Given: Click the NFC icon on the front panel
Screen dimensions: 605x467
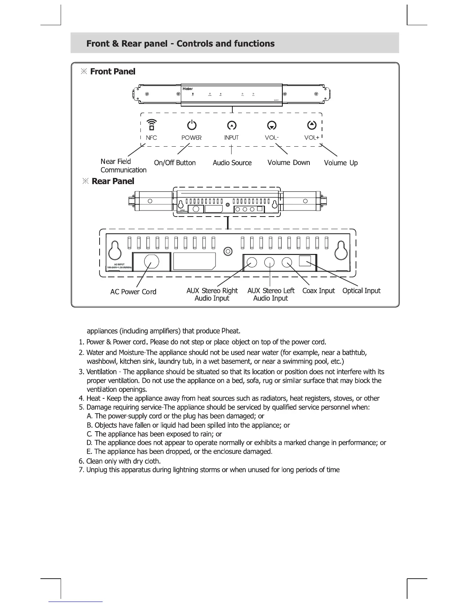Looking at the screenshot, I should point(151,125).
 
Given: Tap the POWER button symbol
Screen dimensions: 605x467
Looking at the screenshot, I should point(192,125).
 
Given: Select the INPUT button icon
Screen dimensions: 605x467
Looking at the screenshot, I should point(232,126).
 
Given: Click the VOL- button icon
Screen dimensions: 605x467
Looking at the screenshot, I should point(272,126).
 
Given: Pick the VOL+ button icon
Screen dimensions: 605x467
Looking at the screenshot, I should point(312,125).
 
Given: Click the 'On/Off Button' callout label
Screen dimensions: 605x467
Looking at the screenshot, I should point(175,163).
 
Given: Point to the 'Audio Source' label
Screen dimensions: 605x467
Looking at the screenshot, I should point(232,163).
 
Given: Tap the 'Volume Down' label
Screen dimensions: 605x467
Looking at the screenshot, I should point(288,163).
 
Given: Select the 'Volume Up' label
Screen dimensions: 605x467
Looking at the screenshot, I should point(341,163).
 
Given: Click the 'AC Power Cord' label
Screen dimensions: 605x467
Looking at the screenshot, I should point(133,292).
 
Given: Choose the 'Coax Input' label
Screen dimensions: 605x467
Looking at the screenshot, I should point(318,291).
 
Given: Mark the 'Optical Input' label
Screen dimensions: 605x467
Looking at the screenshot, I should point(361,291).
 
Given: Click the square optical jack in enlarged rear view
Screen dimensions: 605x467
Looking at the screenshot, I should point(305,261).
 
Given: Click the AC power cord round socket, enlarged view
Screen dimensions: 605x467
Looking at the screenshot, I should point(151,262).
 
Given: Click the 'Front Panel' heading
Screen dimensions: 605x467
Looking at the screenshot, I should point(113,71).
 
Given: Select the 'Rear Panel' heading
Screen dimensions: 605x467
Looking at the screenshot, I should point(113,181).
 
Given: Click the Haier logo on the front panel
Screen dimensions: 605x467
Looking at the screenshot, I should point(187,89).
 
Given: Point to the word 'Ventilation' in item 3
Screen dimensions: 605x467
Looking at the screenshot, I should point(101,372).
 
